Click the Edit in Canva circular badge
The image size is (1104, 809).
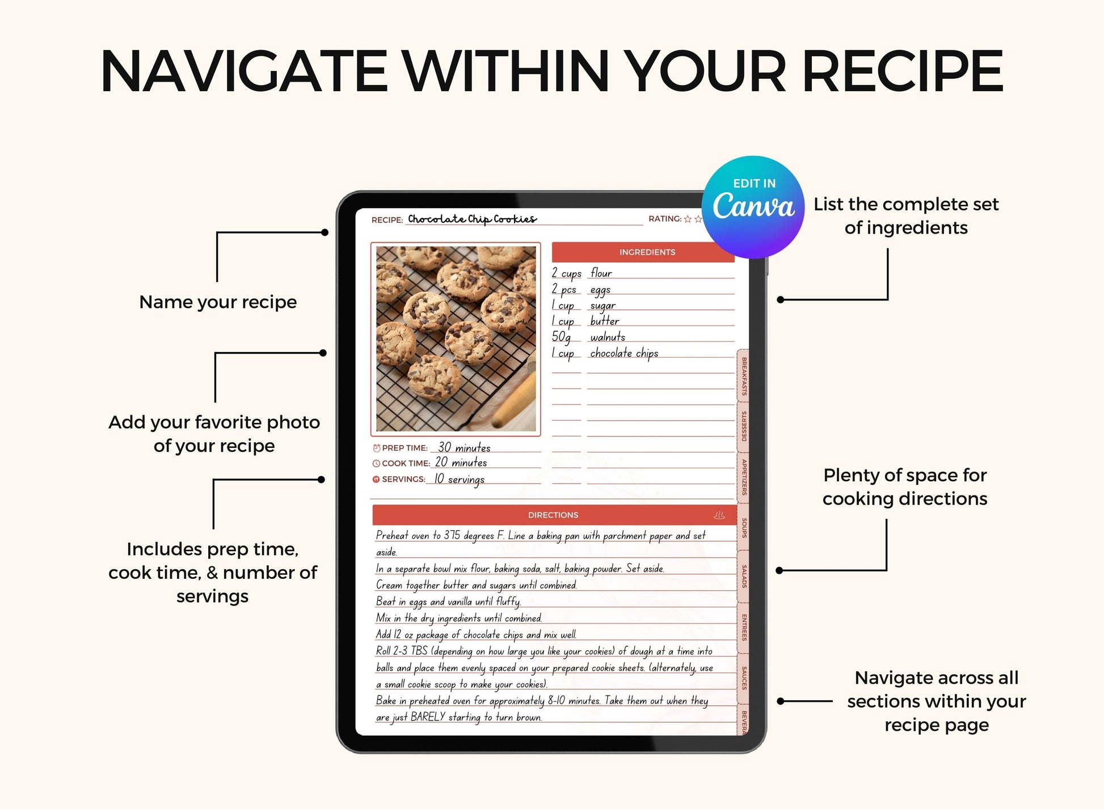(753, 207)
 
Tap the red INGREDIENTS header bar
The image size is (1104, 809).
(643, 252)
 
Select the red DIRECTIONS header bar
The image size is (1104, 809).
(553, 515)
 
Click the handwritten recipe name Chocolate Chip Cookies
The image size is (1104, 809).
(472, 219)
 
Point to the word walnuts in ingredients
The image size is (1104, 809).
(608, 337)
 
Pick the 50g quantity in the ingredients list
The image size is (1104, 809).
(561, 337)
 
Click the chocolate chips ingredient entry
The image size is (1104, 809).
(624, 353)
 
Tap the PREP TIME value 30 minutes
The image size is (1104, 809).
(464, 447)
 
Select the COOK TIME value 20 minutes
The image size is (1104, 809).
(461, 463)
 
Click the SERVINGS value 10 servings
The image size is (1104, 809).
(459, 480)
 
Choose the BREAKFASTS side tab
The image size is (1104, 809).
(744, 376)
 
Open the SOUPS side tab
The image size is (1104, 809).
(744, 528)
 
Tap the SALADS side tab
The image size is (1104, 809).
(744, 576)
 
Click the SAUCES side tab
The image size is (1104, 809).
(744, 678)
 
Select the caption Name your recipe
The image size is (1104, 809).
(218, 302)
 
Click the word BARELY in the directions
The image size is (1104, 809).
(428, 717)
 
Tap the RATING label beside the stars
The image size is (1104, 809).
(665, 219)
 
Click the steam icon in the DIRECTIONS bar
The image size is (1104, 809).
(719, 515)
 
